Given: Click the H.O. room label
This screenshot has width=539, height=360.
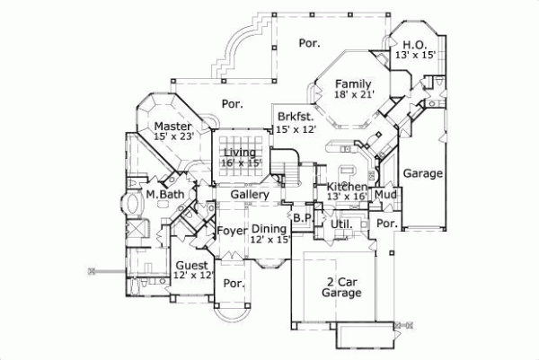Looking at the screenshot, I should pos(413,44).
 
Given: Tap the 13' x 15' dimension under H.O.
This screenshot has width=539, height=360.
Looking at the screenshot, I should pos(414,56).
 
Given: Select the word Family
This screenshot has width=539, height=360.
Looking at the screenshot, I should pos(353,84).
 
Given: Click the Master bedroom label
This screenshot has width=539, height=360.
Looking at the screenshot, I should pos(172,126).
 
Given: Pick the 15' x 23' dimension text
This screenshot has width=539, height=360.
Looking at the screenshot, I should pos(173,136).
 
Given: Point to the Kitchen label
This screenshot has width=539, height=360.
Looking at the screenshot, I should pos(345,186).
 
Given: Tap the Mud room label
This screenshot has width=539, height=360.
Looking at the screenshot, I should pos(386,194).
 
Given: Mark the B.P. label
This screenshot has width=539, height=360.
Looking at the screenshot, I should pos(302,217).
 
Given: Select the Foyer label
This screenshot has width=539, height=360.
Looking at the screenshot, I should pos(232,230).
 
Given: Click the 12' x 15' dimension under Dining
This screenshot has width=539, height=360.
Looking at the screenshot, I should pos(269,241).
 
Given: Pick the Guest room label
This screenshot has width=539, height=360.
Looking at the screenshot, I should pos(191,266).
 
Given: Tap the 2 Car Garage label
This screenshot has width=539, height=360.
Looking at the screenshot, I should pos(342,285).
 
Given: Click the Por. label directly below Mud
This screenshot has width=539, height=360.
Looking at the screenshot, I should pos(387,223).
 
